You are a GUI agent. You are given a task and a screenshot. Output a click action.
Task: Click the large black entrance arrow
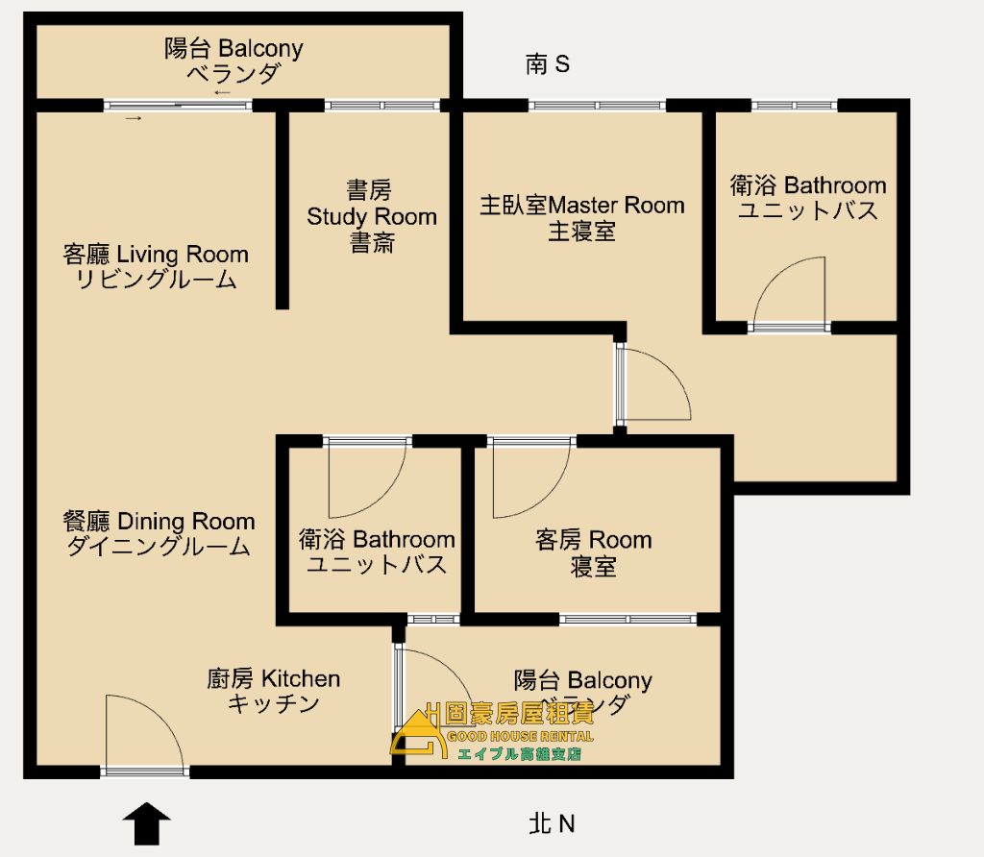tap(146, 823)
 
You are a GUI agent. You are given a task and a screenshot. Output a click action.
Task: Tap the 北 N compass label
tap(552, 823)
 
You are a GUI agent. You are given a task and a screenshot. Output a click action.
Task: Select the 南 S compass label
tap(547, 64)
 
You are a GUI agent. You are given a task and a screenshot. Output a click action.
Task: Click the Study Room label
tap(372, 216)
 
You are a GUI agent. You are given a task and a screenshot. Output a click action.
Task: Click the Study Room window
tap(382, 106)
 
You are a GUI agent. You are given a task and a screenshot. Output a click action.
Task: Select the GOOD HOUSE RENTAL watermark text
tap(520, 737)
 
